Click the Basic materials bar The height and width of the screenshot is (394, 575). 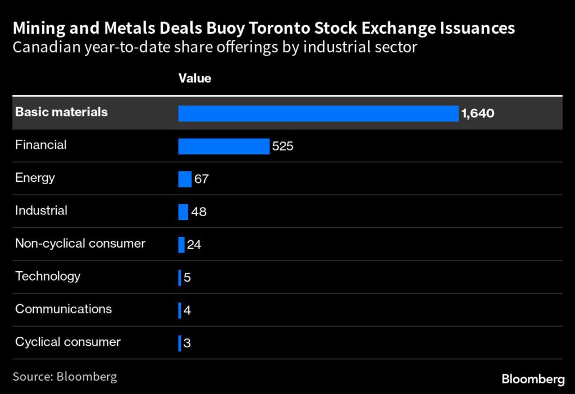318,113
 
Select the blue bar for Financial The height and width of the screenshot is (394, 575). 224,146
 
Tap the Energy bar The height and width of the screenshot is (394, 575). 185,179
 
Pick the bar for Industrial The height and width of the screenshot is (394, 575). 183,212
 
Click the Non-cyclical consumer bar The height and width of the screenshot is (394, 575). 181,245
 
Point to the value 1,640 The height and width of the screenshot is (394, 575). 477,114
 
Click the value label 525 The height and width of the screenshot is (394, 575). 283,146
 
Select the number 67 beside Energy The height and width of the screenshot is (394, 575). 202,180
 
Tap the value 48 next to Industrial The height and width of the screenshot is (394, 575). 199,212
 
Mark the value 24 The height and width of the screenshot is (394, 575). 194,245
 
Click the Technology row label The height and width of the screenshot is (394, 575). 48,276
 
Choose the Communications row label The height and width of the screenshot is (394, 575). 63,309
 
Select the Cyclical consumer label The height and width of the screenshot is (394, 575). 68,342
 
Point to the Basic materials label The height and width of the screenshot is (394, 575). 61,112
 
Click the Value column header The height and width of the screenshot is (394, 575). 195,78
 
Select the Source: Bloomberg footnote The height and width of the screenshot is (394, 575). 65,376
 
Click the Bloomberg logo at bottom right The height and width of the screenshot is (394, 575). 533,379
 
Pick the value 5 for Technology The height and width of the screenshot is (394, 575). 188,278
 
